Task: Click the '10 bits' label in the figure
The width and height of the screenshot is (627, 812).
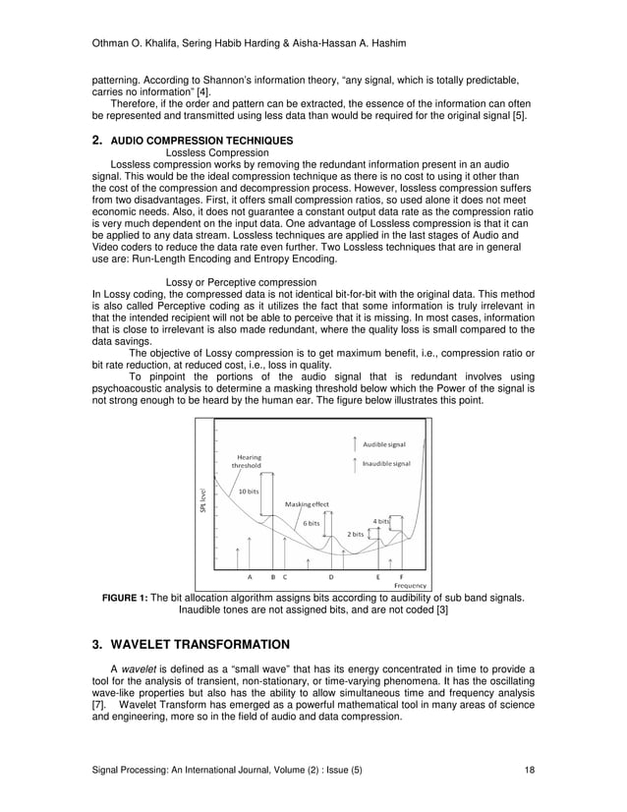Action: coord(250,491)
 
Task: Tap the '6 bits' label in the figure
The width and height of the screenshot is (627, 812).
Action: coord(311,523)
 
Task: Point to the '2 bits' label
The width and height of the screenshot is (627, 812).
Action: coord(356,534)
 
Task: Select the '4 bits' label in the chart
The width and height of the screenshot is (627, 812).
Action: coord(380,520)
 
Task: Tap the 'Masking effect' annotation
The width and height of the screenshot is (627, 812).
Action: coord(307,504)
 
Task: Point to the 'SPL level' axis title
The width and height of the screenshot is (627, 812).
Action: coord(204,499)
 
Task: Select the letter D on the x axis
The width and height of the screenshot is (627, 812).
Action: coord(331,577)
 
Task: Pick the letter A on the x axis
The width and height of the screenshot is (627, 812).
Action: coord(250,577)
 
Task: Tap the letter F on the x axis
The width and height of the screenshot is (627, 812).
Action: coord(400,577)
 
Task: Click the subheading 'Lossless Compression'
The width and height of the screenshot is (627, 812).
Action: coord(217,152)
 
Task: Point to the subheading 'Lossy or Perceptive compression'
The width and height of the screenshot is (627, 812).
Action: coord(242,282)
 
